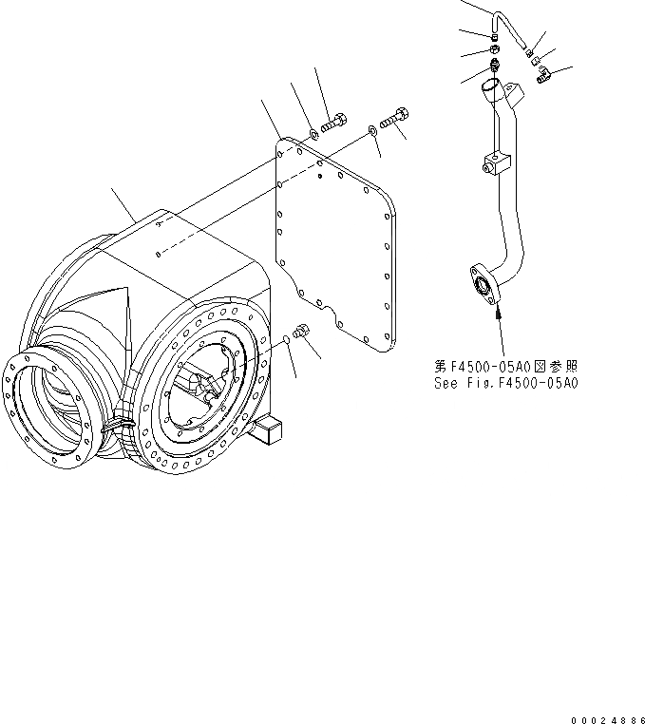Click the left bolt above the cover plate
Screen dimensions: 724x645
tap(332, 123)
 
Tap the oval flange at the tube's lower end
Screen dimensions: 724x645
tap(482, 285)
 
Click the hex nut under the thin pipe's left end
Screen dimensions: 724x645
tap(495, 48)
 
